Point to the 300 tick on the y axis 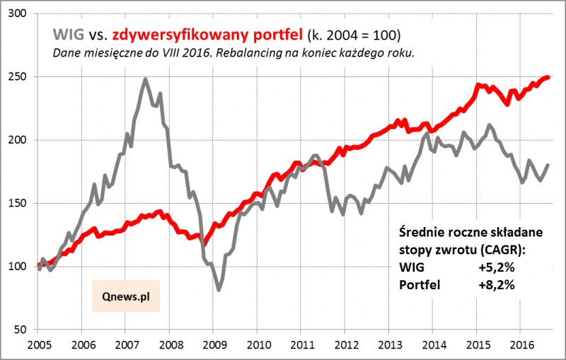pyautogui.click(x=21, y=14)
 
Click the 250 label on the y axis pyautogui.click(x=21, y=77)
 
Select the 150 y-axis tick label pyautogui.click(x=21, y=204)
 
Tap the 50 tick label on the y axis pyautogui.click(x=24, y=330)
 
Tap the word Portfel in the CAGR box pyautogui.click(x=420, y=285)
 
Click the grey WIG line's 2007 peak pyautogui.click(x=145, y=79)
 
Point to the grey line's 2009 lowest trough pyautogui.click(x=219, y=289)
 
